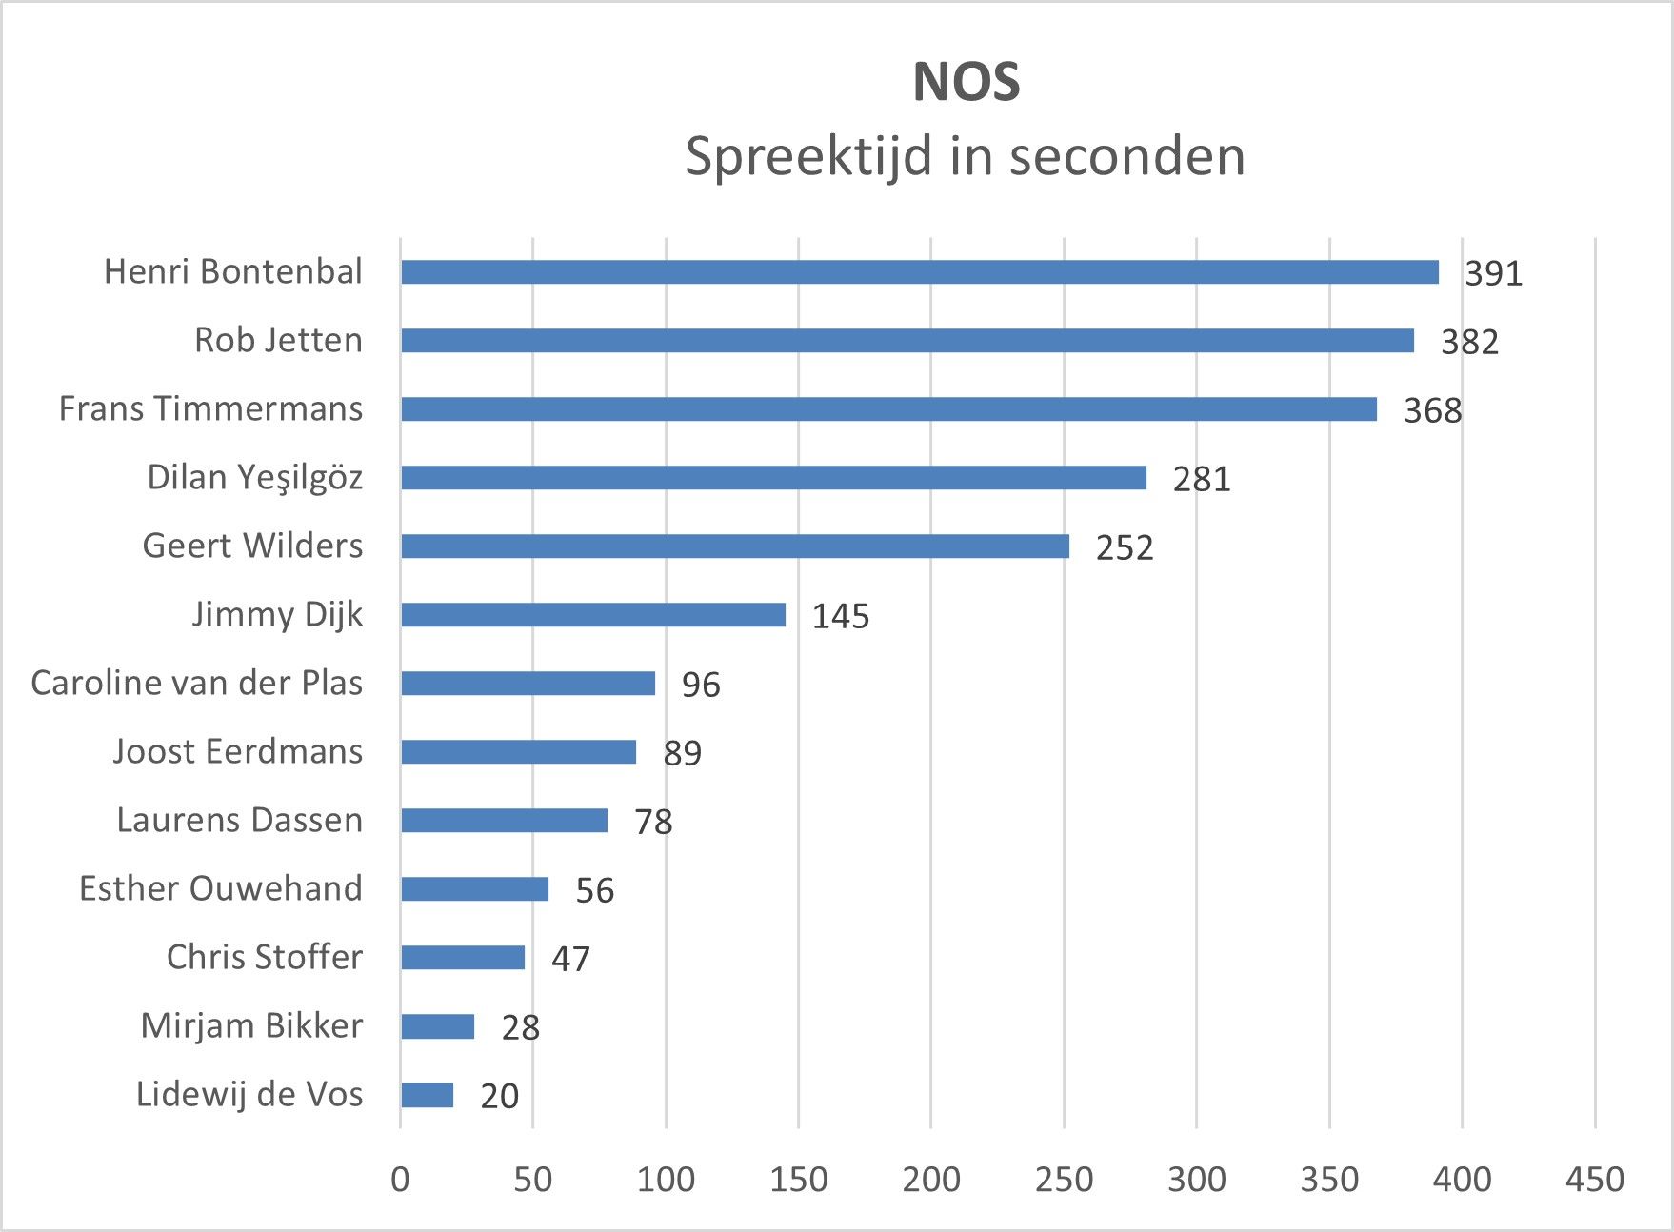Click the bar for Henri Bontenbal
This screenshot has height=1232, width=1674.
(919, 272)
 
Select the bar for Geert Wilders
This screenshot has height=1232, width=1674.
(734, 546)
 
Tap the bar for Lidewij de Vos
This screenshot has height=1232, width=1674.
(427, 1095)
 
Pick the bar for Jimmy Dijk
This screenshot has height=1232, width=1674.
(592, 615)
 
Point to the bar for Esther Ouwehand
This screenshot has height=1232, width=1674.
(474, 889)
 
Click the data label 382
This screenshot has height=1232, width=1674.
(1469, 342)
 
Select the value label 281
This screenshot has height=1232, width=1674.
(1202, 479)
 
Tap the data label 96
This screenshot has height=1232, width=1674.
(701, 685)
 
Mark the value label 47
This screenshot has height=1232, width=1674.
(570, 959)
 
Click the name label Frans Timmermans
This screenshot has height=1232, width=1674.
(210, 408)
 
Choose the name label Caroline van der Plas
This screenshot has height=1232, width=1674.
(196, 683)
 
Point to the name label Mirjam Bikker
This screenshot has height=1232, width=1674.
(251, 1025)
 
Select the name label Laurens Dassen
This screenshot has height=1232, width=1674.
(239, 820)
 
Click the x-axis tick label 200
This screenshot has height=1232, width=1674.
(930, 1180)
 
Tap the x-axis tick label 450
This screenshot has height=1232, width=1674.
(1594, 1180)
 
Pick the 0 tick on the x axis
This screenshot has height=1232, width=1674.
(400, 1180)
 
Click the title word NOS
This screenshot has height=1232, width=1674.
(966, 82)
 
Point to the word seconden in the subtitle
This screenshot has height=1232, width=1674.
(1126, 156)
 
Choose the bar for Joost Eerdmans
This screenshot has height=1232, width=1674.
(518, 752)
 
